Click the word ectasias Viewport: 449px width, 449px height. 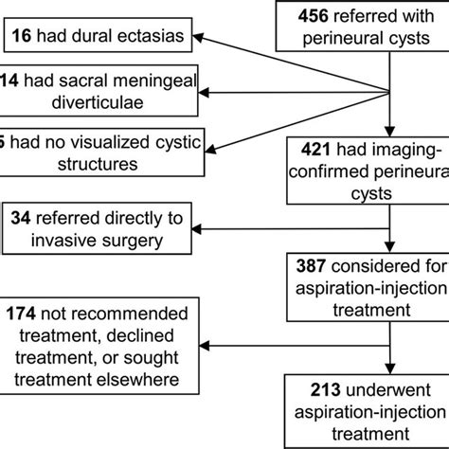150,37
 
